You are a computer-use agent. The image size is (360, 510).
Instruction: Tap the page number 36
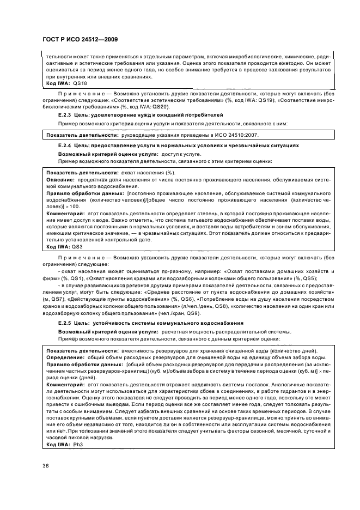click(45, 465)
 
